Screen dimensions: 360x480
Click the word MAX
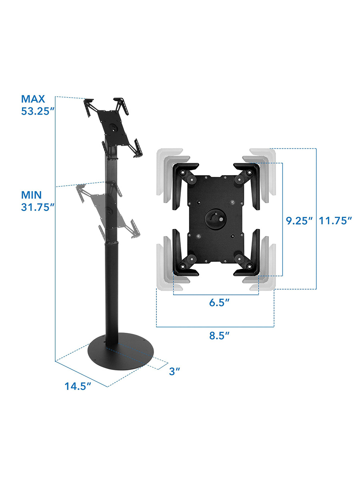click(x=33, y=99)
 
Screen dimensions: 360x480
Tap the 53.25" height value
click(x=37, y=111)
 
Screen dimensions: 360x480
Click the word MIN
click(x=31, y=195)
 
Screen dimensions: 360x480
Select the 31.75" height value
click(x=37, y=207)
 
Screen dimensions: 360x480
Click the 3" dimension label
click(x=174, y=371)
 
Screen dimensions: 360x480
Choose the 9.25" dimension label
click(x=300, y=221)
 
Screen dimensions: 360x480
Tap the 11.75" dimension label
click(x=336, y=221)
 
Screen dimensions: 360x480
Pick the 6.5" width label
click(x=219, y=303)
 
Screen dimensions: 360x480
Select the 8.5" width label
click(x=219, y=336)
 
